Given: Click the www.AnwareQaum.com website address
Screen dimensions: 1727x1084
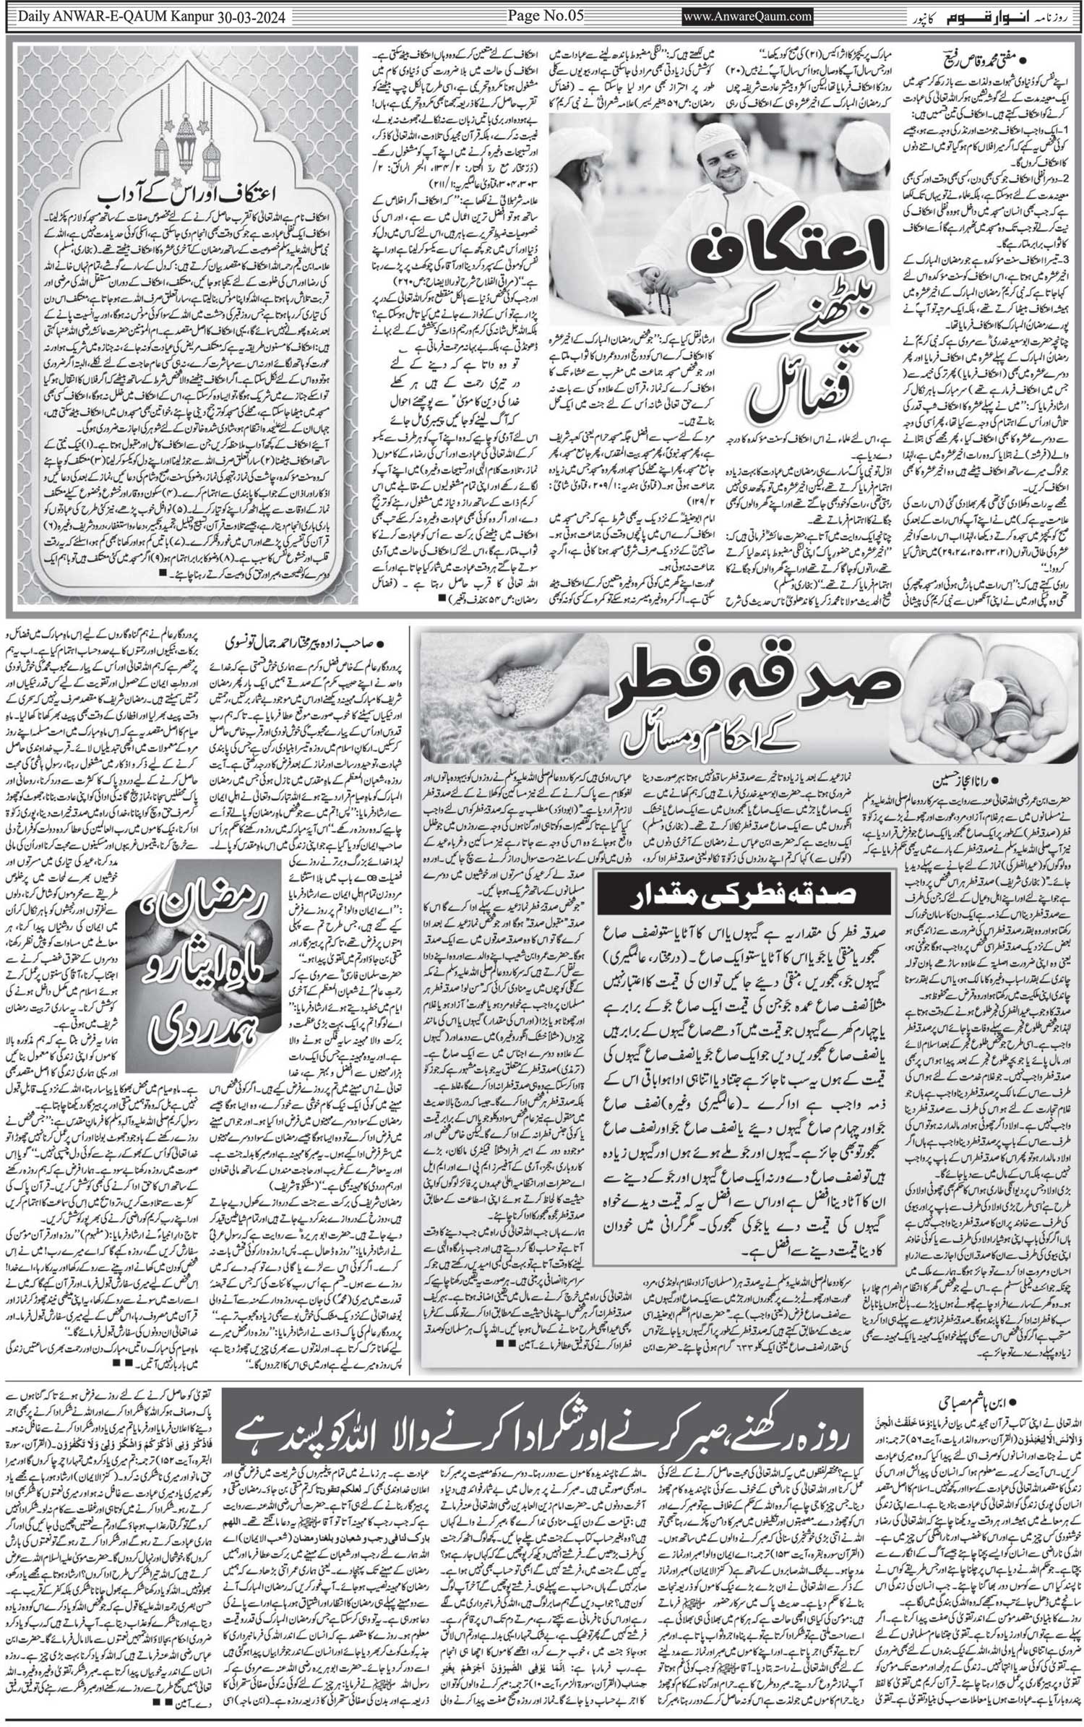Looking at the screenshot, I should coord(747,16).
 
